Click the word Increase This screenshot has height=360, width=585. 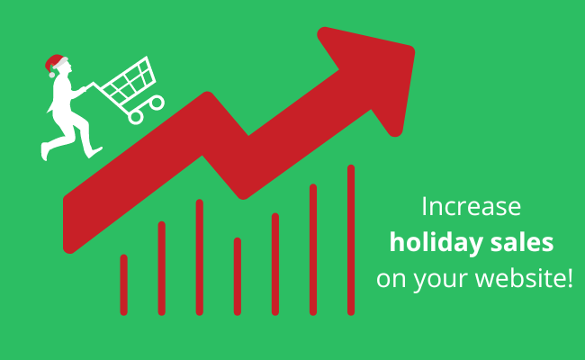coord(472,206)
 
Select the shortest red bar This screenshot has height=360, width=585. coord(123,284)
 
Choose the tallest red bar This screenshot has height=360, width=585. coord(351,239)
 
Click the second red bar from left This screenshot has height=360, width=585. coord(161,268)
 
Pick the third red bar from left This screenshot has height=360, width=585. coord(199,256)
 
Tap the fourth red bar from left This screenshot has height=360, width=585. coord(238,276)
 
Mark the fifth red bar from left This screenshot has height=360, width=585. coord(275,264)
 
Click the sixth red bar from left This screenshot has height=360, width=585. coord(313,249)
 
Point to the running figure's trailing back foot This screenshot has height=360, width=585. coord(44,152)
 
